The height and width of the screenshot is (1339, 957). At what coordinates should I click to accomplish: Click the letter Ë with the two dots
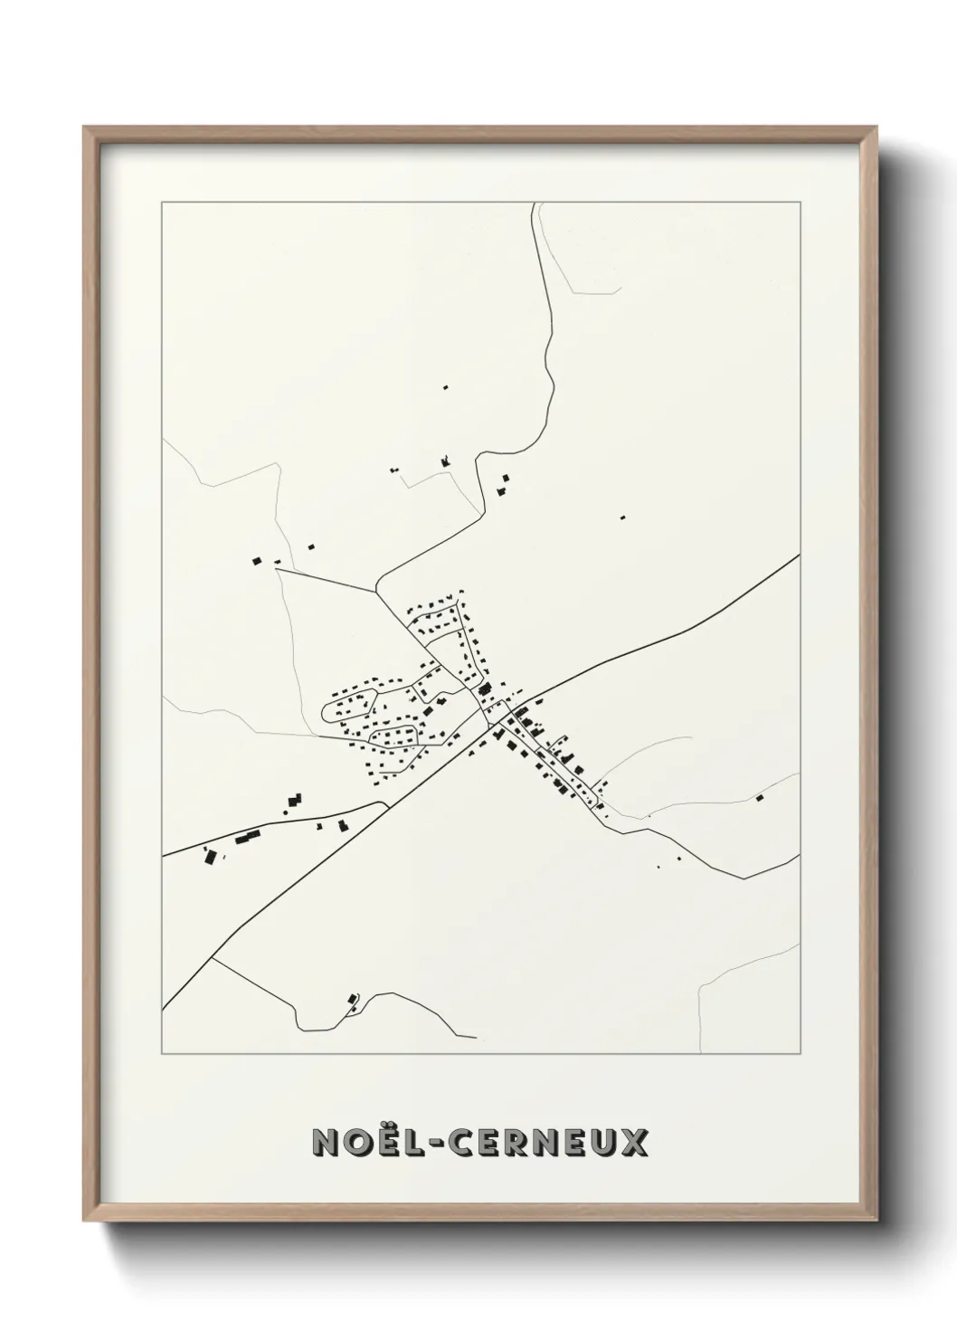click(x=387, y=1142)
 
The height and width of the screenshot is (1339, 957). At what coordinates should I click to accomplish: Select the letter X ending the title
click(x=634, y=1142)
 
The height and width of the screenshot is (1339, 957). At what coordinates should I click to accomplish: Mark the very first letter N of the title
click(x=327, y=1142)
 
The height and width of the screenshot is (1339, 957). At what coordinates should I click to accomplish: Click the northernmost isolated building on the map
click(x=445, y=387)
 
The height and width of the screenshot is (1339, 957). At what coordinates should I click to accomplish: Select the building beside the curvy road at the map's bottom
click(x=351, y=999)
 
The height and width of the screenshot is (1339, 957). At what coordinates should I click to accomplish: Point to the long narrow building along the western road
click(x=247, y=837)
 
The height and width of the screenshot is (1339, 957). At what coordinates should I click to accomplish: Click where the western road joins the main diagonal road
click(x=386, y=803)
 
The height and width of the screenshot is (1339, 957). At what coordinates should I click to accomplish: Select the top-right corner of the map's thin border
click(x=800, y=202)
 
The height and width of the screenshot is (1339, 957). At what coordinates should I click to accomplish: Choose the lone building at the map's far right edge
click(x=760, y=798)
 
